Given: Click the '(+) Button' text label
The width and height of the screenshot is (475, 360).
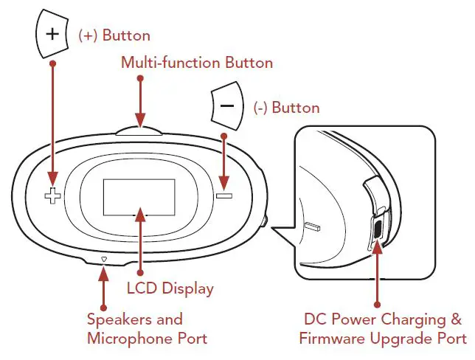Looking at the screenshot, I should (x=114, y=35).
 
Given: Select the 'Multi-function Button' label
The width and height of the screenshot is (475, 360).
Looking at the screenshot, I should (x=197, y=63).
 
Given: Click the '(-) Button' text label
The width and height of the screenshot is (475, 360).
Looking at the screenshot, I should (x=286, y=108).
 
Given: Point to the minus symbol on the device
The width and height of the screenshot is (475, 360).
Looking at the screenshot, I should (x=224, y=196).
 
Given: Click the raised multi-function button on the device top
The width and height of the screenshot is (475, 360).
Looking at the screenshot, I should (x=141, y=131).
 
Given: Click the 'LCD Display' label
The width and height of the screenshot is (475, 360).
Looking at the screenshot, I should (x=170, y=288).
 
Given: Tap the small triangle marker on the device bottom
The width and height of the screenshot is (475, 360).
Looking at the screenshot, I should (x=104, y=259).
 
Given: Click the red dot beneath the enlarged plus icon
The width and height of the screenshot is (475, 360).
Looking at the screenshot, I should (x=52, y=63).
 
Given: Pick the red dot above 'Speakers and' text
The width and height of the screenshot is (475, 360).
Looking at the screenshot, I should (x=103, y=305).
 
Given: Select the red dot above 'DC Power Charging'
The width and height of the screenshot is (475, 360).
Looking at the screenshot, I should (x=378, y=304).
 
